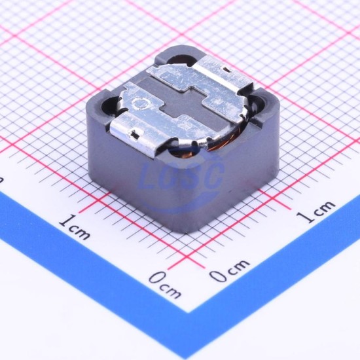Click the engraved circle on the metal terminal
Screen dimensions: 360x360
click(140, 103)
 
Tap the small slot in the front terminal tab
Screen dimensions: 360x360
click(135, 135)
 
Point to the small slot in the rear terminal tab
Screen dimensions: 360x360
click(226, 69)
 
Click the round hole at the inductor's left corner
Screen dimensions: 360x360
click(110, 105)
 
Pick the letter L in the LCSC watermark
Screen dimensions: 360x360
click(151, 177)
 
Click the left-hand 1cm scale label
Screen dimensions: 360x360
click(74, 226)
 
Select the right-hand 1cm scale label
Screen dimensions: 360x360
click(315, 211)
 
